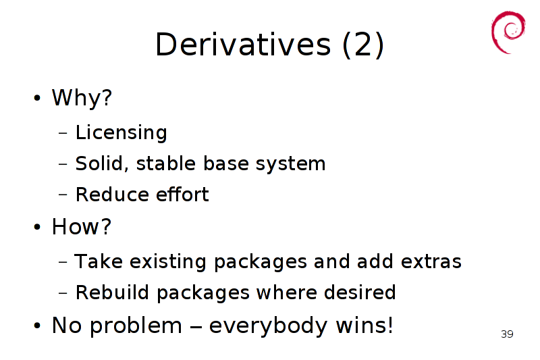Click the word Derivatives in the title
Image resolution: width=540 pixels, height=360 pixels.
click(x=243, y=44)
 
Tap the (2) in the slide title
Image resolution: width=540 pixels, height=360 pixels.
click(x=363, y=45)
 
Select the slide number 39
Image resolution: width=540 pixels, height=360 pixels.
click(x=507, y=334)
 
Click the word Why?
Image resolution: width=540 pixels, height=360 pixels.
click(x=82, y=97)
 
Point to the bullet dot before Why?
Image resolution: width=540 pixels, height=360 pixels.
click(x=37, y=98)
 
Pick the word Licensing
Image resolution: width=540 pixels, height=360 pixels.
click(x=122, y=132)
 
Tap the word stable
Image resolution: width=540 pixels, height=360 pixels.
click(x=166, y=163)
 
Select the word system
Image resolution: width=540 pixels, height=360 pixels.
click(x=290, y=164)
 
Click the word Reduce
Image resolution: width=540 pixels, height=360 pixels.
click(x=111, y=195)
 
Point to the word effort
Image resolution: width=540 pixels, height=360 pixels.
click(x=182, y=194)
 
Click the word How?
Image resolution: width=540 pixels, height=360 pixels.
click(x=82, y=227)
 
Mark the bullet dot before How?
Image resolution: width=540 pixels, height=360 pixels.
click(x=37, y=227)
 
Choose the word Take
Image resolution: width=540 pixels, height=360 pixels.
click(x=99, y=261)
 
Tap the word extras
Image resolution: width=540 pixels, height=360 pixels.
click(x=431, y=261)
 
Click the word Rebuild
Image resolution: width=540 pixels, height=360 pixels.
click(x=112, y=292)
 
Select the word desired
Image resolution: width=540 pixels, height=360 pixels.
click(x=360, y=292)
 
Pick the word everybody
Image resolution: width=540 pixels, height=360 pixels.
click(x=268, y=326)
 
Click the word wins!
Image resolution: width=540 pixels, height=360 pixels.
click(x=364, y=325)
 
